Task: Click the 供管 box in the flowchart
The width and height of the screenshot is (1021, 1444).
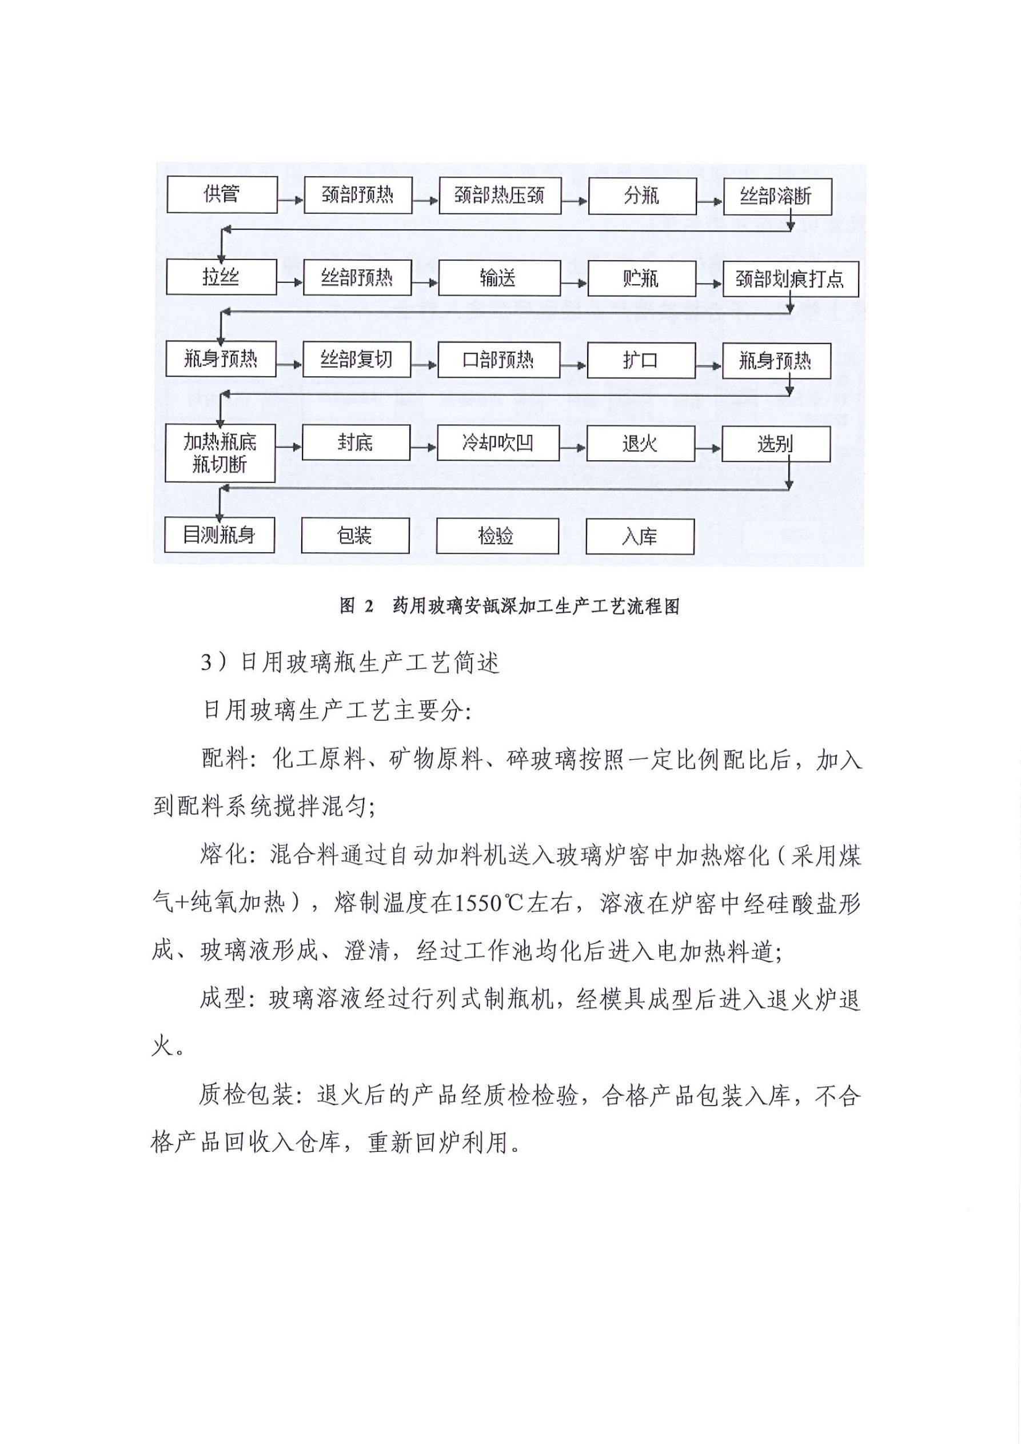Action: [221, 194]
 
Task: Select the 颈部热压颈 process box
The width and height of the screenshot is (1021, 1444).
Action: [500, 196]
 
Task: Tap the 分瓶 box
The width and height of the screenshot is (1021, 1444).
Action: [641, 196]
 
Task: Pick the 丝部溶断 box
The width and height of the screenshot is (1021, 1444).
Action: [776, 197]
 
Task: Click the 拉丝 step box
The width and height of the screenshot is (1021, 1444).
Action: [221, 277]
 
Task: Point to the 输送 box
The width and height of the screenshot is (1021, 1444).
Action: [499, 278]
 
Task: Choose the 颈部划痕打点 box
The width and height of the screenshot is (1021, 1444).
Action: [789, 278]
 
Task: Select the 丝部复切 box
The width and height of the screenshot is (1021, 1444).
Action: [357, 360]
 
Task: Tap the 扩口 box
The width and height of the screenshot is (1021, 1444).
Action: [641, 360]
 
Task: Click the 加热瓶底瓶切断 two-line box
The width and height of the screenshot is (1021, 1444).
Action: [220, 453]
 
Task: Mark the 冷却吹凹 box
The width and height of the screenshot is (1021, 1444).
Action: [498, 444]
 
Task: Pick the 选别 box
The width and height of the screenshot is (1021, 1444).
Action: [775, 444]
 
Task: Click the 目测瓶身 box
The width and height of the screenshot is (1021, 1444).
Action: [219, 535]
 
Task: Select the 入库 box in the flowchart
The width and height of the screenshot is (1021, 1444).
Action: [640, 536]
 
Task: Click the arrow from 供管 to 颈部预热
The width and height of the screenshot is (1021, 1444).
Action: [290, 200]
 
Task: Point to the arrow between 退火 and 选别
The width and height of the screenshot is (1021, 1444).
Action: [708, 448]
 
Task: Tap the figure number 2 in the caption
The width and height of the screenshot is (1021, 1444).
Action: [368, 607]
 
